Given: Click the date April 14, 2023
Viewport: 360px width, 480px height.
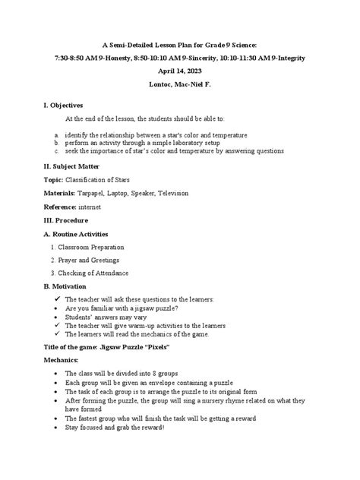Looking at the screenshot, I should click(x=179, y=69).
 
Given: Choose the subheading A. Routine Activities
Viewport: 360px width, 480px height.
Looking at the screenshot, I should click(x=76, y=234).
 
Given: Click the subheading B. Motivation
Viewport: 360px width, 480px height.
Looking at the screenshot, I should click(x=67, y=286).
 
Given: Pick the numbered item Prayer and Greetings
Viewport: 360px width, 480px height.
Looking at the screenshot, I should click(x=90, y=260).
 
